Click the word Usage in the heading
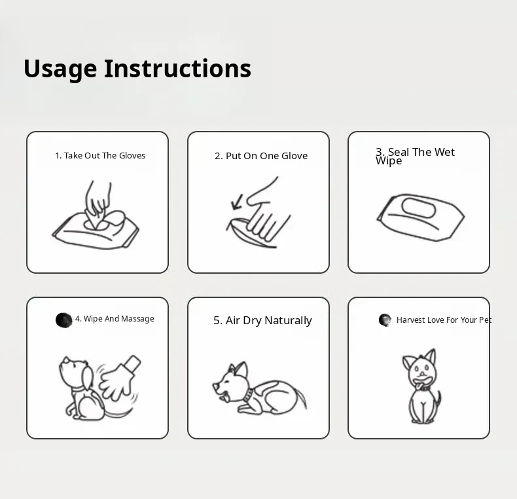click(x=60, y=69)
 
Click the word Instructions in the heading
click(x=178, y=68)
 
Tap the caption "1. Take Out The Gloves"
click(x=100, y=155)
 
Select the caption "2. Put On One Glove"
click(x=261, y=156)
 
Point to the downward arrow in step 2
click(x=237, y=202)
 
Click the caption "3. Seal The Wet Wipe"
click(x=415, y=156)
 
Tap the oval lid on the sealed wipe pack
click(x=418, y=208)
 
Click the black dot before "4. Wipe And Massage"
click(x=63, y=320)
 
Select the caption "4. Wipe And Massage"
click(x=115, y=319)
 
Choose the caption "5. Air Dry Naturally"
click(x=262, y=320)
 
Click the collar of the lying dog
click(x=248, y=395)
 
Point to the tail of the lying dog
click(x=301, y=398)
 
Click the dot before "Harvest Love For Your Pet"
click(x=385, y=320)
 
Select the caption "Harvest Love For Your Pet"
click(x=444, y=320)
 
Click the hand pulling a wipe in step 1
click(x=98, y=200)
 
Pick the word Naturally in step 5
click(x=288, y=320)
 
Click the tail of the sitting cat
click(x=437, y=403)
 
